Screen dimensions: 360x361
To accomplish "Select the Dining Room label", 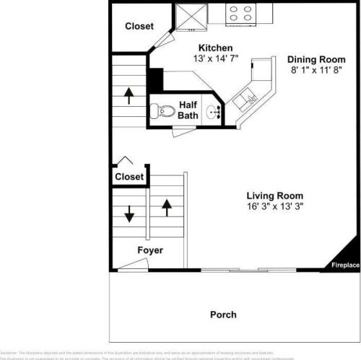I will (316, 59).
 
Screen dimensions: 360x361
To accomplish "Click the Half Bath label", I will (188, 109).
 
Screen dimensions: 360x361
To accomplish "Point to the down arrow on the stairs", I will (130, 214).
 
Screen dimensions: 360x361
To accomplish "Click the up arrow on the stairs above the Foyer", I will (167, 207).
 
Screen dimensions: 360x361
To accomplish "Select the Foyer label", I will (150, 250).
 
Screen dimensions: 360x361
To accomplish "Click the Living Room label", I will (274, 195).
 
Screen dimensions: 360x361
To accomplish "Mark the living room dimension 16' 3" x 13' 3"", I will (274, 206).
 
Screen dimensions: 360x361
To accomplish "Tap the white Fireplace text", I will (345, 265).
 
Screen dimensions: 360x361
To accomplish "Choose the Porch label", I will (223, 315).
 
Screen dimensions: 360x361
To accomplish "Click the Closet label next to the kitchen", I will (139, 26).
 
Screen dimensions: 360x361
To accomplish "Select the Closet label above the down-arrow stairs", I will (129, 176).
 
